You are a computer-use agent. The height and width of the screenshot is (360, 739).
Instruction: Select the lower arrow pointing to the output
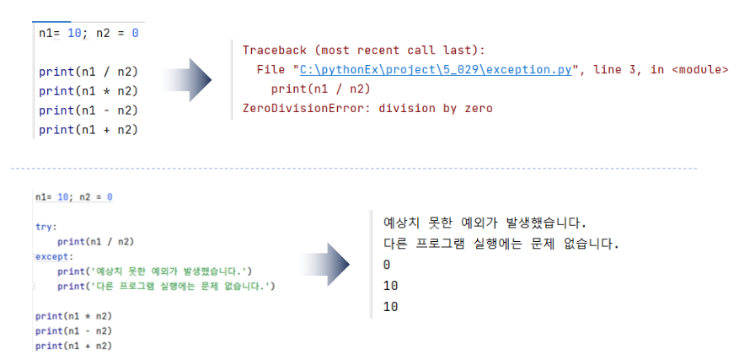[x=328, y=266]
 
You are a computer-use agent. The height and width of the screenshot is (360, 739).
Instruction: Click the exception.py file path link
[x=436, y=69]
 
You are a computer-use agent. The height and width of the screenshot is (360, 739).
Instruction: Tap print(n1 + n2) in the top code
[x=88, y=130]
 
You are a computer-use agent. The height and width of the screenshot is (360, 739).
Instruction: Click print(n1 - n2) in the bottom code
[x=74, y=330]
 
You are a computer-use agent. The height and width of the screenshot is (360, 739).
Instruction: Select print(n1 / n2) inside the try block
[x=96, y=241]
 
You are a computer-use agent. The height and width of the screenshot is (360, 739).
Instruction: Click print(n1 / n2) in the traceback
[x=321, y=89]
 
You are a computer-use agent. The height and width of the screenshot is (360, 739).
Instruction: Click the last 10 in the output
[x=390, y=307]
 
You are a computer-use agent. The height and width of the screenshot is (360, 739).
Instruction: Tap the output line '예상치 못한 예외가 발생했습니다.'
[x=483, y=223]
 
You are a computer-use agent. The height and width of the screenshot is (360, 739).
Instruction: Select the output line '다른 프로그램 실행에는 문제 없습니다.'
[x=501, y=244]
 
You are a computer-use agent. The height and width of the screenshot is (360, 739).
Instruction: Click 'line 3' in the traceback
[x=618, y=69]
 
